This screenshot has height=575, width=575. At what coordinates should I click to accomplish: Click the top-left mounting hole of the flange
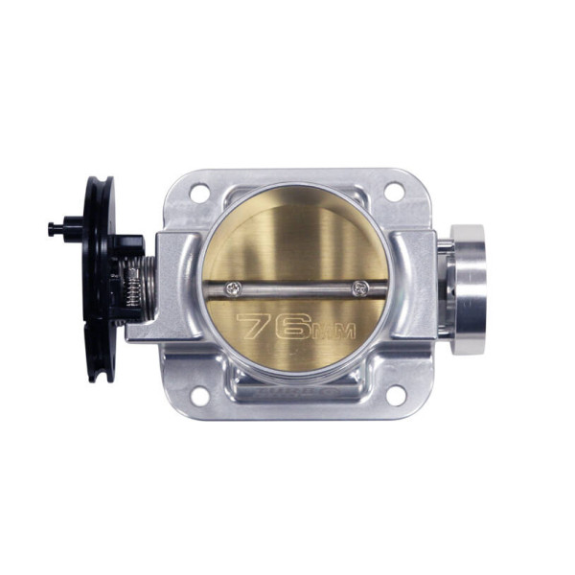200,193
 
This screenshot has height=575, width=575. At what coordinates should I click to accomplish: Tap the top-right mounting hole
394,192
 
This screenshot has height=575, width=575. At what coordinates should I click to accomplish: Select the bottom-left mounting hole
200,397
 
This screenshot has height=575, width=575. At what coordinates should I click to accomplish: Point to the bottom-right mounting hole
396,396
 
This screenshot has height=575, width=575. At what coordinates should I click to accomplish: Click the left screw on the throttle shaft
234,289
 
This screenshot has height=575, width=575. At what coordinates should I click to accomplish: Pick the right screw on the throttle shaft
360,288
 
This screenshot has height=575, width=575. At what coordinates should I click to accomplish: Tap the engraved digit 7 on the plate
256,325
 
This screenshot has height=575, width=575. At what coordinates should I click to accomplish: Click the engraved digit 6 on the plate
293,327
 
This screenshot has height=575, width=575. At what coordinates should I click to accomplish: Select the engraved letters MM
334,332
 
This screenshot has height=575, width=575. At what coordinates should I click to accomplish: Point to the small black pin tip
52,229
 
